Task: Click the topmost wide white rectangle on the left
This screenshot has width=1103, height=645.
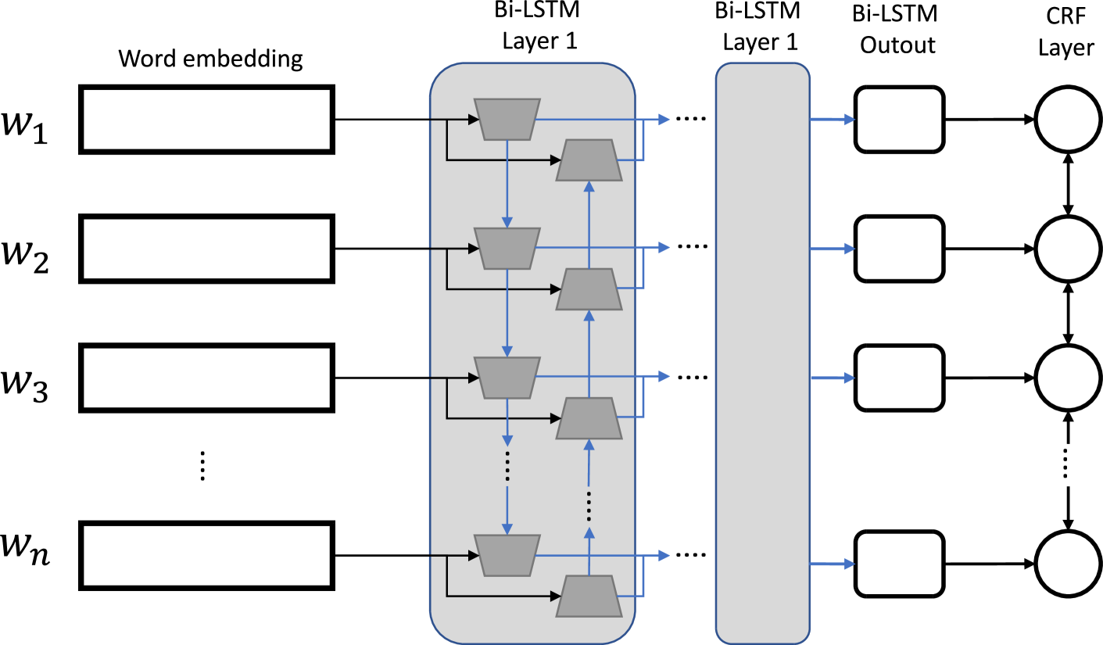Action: (206, 119)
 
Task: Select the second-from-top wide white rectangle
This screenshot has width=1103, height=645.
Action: (206, 249)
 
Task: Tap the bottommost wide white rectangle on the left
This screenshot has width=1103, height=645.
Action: (206, 555)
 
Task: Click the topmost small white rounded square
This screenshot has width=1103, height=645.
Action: (899, 119)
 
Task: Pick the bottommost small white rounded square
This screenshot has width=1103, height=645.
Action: (899, 564)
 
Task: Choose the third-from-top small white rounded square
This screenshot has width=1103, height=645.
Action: (899, 378)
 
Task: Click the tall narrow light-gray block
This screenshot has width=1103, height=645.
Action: (762, 353)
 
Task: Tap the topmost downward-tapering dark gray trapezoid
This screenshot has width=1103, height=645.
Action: (507, 120)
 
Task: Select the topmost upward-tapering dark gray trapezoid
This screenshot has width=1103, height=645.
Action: (589, 160)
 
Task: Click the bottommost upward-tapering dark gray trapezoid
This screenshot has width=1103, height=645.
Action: (589, 597)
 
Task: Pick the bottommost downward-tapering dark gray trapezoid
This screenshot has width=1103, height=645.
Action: (507, 556)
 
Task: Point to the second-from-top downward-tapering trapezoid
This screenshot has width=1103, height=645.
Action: (507, 249)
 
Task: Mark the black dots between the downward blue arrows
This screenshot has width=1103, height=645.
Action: (507, 466)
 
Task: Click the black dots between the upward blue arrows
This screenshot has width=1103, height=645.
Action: (589, 507)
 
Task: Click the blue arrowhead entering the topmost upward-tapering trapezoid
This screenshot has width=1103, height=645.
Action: (589, 187)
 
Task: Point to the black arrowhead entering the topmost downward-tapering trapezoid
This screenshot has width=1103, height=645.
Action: (474, 120)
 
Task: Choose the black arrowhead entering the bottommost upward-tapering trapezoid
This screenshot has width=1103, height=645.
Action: (556, 597)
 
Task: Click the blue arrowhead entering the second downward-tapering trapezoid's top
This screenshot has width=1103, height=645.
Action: (507, 223)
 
